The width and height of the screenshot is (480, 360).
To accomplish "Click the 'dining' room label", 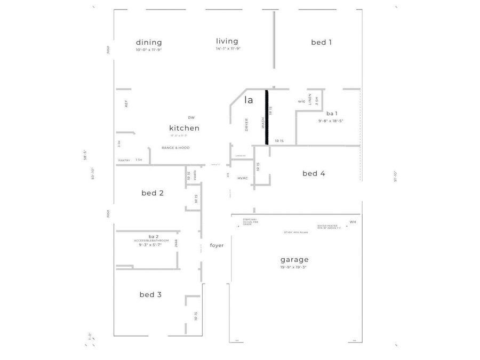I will point(149,43).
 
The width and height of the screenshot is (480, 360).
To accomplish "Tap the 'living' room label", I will point(227,41).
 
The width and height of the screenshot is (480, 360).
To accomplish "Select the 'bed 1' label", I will point(322,42).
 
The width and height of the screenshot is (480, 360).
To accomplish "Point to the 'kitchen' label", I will point(185,128).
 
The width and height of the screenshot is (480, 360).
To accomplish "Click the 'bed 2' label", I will point(153,193).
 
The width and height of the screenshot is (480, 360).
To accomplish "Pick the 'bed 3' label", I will point(151,294).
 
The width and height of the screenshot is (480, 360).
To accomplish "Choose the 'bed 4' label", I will point(314,173).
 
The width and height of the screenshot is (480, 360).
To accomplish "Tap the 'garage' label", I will point(294,260).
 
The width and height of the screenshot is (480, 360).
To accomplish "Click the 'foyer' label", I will point(217,245).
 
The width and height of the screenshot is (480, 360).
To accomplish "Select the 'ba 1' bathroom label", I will point(332,114).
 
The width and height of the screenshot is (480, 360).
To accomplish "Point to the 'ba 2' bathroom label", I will point(154,236).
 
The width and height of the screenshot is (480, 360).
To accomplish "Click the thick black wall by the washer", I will point(267,117).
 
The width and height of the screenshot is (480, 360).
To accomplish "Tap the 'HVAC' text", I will point(243,178).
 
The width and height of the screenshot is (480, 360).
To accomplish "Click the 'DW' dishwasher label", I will point(191,117).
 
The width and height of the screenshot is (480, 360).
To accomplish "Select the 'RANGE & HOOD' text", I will point(175,148).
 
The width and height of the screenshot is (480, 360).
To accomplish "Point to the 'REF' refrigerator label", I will point(126,103).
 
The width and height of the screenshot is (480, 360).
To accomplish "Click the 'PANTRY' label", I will point(124,161).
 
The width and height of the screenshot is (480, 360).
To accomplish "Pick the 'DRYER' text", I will point(247,124).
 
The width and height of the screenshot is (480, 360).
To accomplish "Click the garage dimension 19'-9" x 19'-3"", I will point(294,267).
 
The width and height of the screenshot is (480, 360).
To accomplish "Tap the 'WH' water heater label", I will point(353,222).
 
